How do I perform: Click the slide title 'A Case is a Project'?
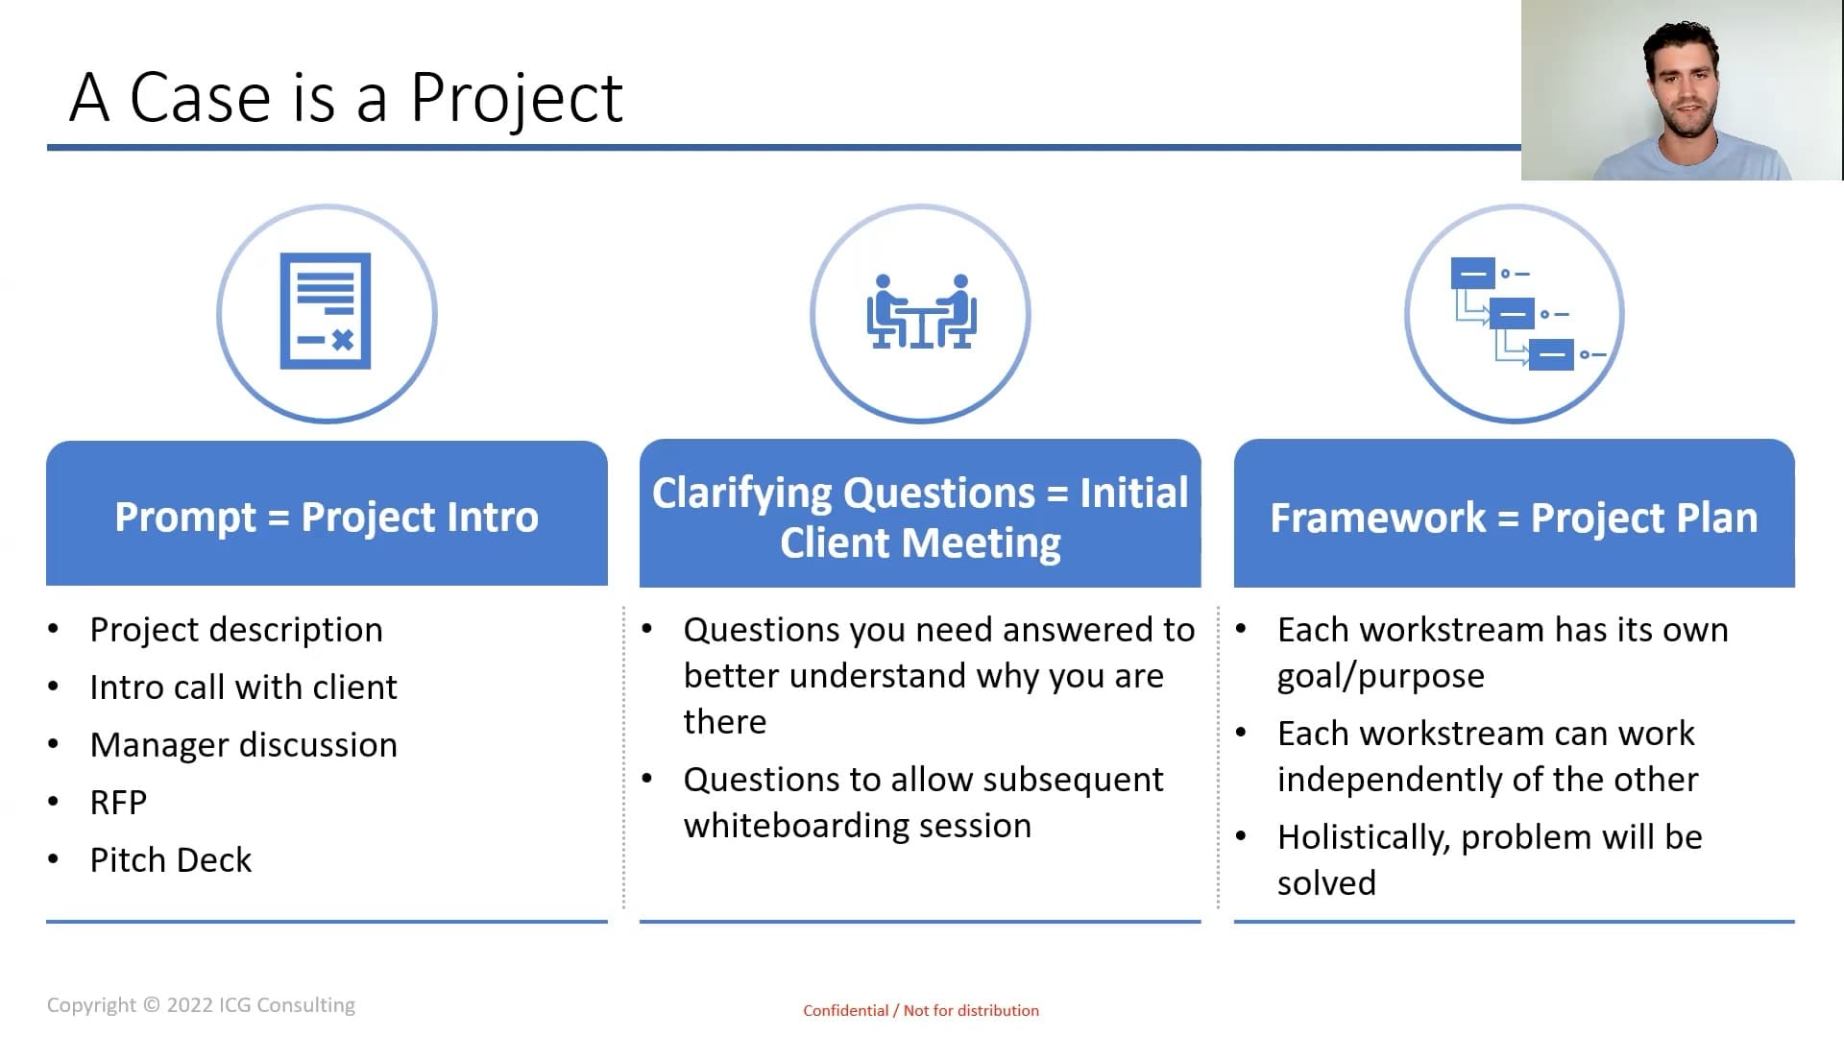click(347, 98)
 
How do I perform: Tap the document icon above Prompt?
click(326, 311)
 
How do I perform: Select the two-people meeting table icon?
click(921, 311)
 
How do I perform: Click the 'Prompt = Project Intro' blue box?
click(327, 514)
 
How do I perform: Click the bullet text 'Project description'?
click(236, 630)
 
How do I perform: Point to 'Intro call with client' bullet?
click(243, 687)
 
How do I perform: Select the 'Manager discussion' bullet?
click(243, 745)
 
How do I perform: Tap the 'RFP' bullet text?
click(118, 803)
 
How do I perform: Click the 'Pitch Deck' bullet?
click(171, 860)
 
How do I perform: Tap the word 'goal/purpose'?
click(1381, 677)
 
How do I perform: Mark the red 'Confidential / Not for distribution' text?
click(921, 1010)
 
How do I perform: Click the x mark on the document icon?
click(343, 339)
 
